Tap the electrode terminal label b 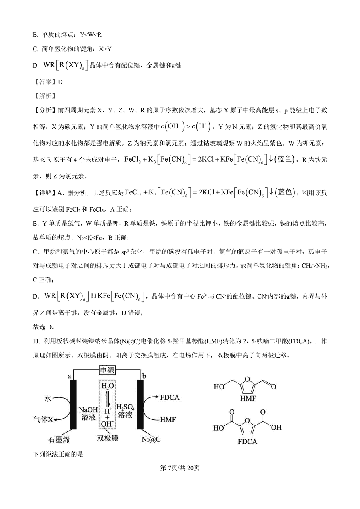coord(144,377)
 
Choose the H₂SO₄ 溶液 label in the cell coord(124,411)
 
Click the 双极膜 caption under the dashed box coord(107,438)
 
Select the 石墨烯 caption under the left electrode coord(59,439)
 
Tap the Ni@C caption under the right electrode coord(151,439)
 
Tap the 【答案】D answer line coord(48,82)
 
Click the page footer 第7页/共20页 coord(180,468)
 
